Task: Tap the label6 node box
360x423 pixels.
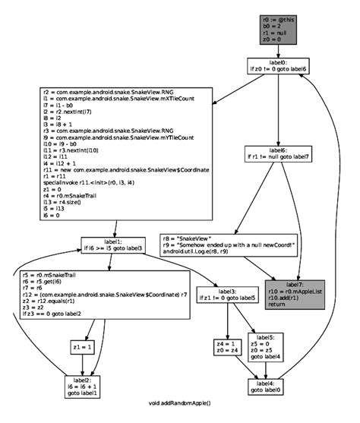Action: point(279,154)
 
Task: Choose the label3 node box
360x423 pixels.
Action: point(227,295)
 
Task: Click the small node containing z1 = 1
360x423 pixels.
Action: point(83,347)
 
